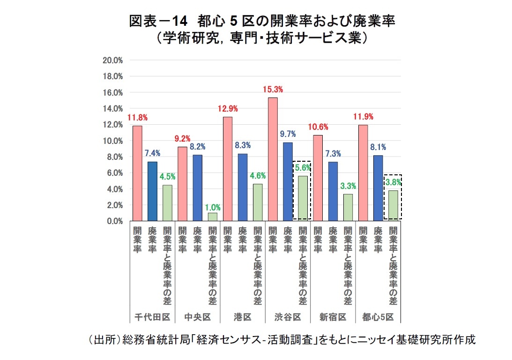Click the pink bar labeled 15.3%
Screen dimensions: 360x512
273,159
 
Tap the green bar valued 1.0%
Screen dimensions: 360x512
213,217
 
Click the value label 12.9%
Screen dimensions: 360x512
228,109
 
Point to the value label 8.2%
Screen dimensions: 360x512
198,146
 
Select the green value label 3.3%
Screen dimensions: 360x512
348,186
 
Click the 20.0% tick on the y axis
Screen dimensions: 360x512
113,60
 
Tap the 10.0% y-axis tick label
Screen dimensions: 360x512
113,141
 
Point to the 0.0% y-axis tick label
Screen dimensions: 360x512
114,221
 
